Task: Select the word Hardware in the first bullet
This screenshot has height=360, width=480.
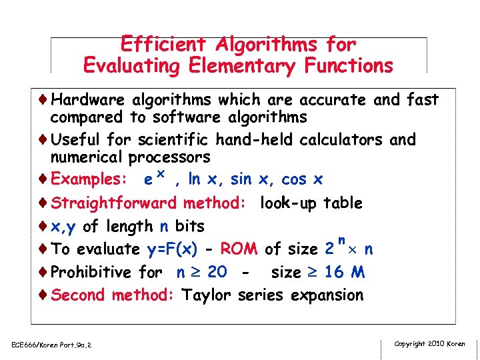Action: coord(87,100)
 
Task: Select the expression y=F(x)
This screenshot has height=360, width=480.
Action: coord(171,249)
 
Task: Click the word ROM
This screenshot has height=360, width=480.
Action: coord(239,249)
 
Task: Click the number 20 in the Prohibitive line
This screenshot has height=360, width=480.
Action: coord(216,272)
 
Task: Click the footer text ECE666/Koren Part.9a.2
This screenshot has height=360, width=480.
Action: coord(51,345)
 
